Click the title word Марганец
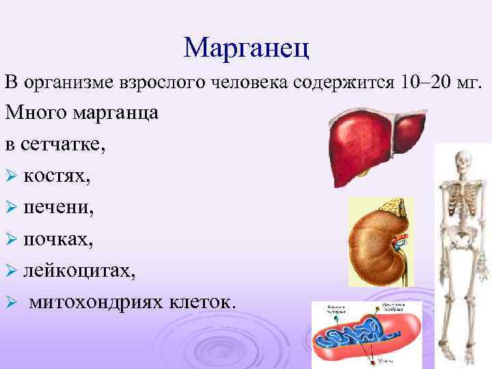click(247, 46)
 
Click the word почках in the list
click(54, 239)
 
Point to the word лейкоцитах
click(79, 271)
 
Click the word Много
click(35, 113)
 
